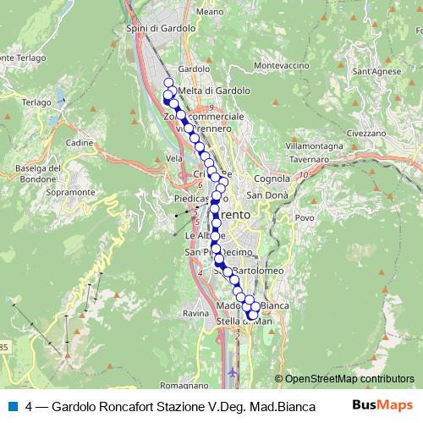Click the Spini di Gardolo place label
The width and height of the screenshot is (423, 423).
click(160, 28)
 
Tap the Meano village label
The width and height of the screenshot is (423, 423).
click(208, 13)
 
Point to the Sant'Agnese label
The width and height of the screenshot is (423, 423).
click(376, 72)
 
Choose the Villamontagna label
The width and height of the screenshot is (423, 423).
click(314, 146)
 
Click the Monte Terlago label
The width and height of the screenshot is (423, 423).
click(20, 58)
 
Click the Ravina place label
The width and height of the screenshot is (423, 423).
click(195, 313)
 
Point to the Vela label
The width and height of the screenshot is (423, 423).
click(175, 158)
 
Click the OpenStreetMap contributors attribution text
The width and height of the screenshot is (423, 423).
click(349, 380)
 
